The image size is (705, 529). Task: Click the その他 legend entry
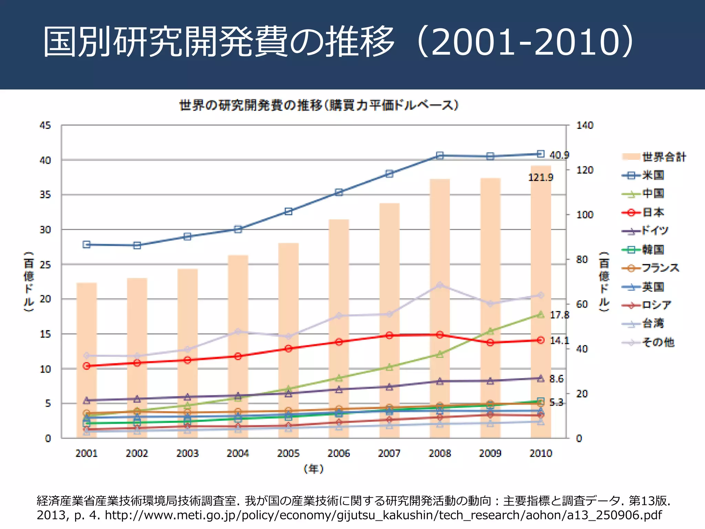[x=649, y=342]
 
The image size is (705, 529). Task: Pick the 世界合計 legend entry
[x=654, y=157]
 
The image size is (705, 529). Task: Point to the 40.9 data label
[x=559, y=155]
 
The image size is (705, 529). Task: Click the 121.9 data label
[x=540, y=178]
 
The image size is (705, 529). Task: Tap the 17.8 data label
[x=559, y=315]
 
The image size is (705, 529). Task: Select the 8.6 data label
[x=556, y=379]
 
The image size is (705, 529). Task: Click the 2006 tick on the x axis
[x=339, y=453]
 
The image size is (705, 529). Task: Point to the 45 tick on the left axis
[x=45, y=125]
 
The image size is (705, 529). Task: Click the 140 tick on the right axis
[x=585, y=125]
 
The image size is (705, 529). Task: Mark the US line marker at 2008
[x=440, y=156]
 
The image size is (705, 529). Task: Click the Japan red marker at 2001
[x=87, y=366]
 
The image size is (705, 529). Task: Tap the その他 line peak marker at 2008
[x=440, y=285]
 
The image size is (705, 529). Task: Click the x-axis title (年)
[x=314, y=469]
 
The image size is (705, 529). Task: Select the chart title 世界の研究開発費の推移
[x=319, y=105]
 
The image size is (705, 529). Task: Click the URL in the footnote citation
[x=383, y=515]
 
